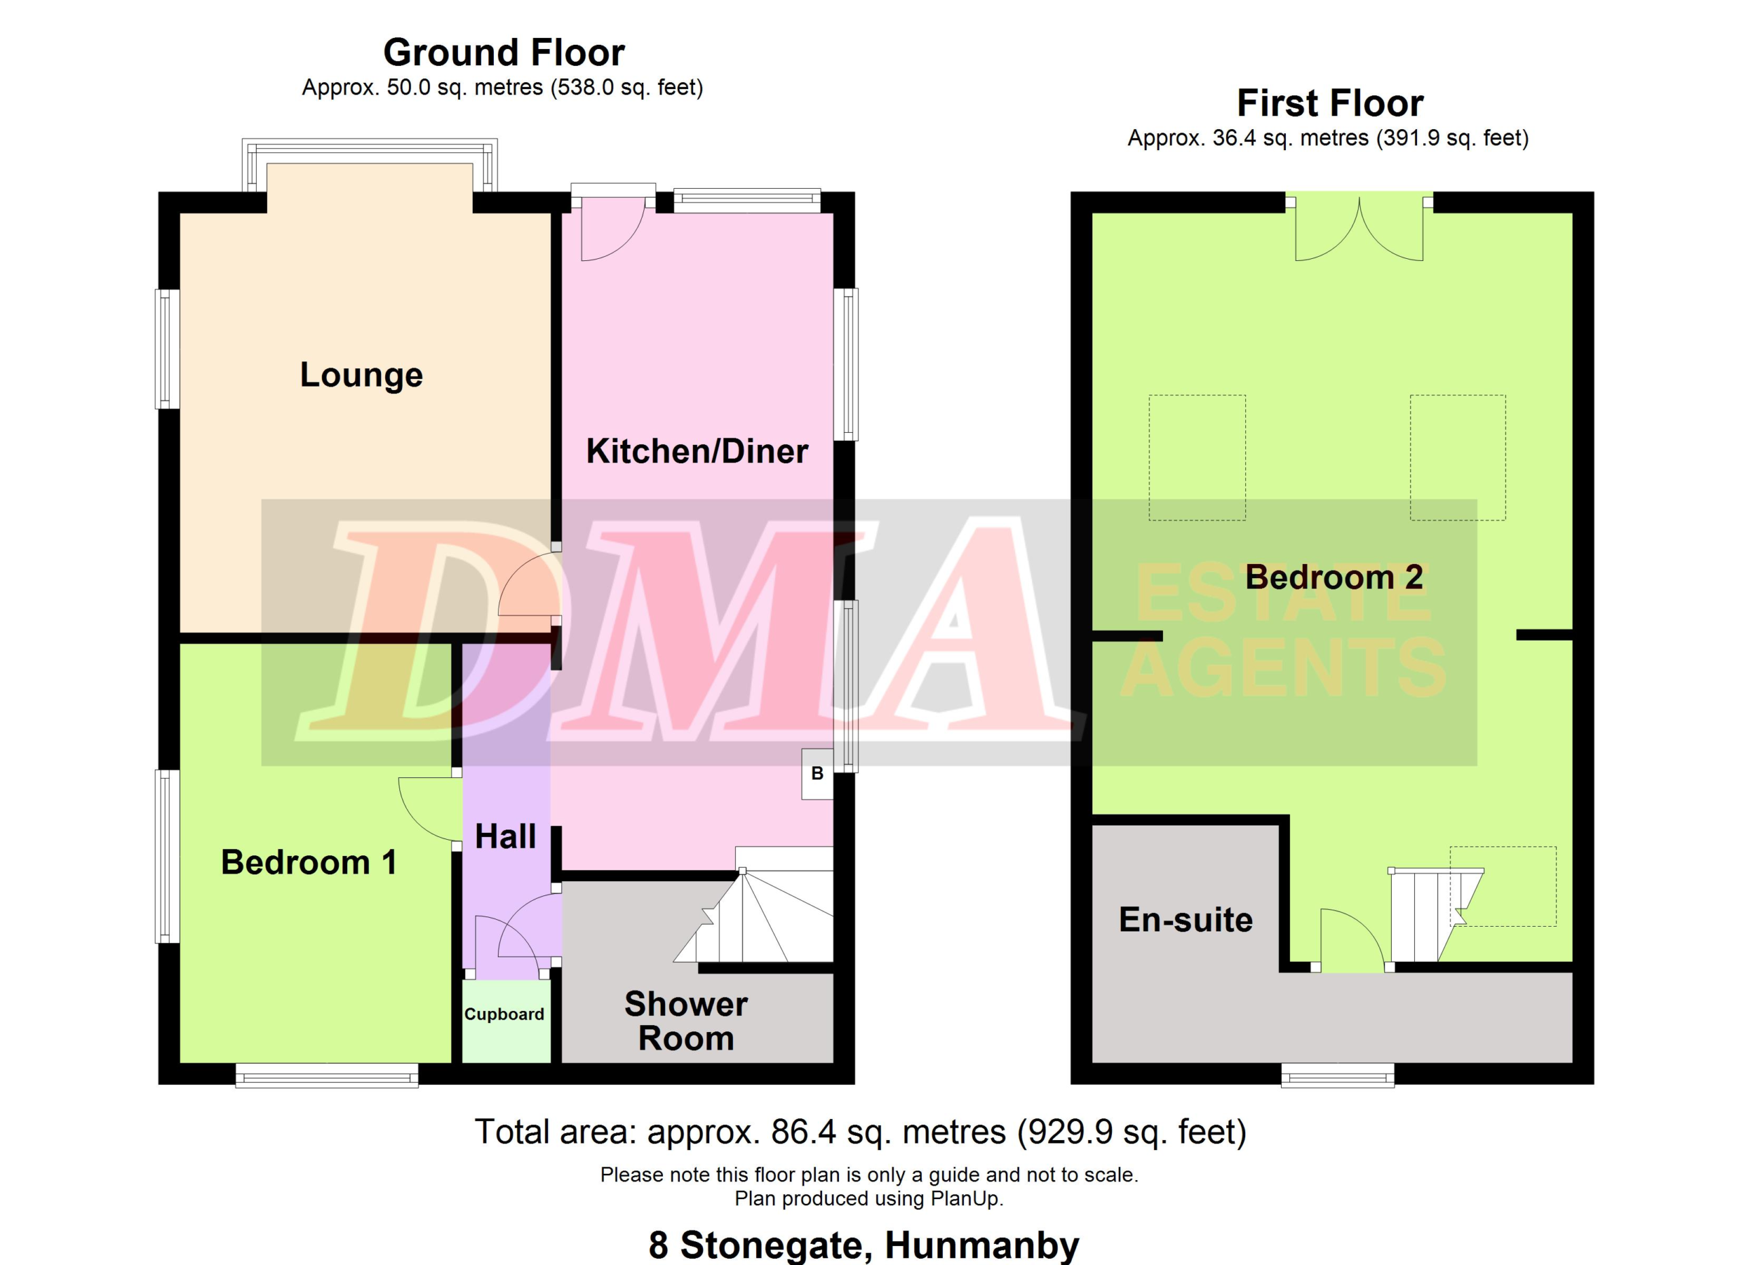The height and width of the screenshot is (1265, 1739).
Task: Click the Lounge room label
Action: tap(361, 375)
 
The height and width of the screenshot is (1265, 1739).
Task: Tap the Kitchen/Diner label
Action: tap(697, 451)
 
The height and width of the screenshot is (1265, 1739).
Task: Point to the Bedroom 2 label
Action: tap(1334, 577)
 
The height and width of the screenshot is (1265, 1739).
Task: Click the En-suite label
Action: tap(1185, 919)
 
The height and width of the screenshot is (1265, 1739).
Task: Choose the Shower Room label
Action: tap(686, 1021)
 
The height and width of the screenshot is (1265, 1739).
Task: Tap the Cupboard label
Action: tap(505, 1014)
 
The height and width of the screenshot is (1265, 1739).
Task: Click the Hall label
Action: tap(505, 836)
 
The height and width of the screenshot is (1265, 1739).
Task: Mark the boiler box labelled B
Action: tap(817, 774)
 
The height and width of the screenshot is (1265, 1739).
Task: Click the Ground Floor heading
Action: tap(504, 53)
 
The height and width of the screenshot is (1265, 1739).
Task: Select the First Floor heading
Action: tap(1330, 103)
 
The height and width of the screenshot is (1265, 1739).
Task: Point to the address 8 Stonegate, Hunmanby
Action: tap(864, 1246)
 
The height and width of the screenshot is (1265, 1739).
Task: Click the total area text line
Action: tap(860, 1133)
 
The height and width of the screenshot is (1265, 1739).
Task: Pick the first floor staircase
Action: tap(1436, 914)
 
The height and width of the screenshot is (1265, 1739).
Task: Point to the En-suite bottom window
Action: tap(1338, 1074)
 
